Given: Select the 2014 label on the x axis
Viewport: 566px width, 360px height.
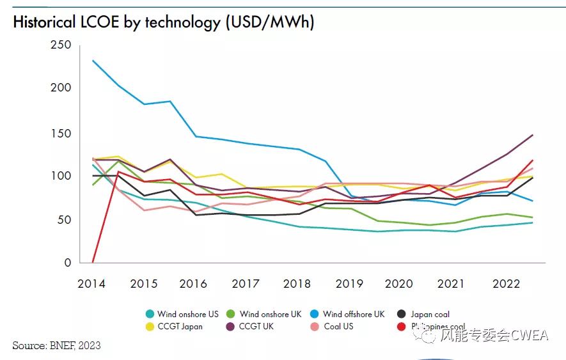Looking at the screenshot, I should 92,283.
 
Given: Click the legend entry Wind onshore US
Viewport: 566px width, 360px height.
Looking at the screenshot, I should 187,314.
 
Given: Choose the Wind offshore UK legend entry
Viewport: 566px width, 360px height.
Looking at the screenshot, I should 354,314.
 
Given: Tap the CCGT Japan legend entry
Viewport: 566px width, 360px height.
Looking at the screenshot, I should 180,326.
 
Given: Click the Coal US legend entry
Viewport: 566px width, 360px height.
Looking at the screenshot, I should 338,326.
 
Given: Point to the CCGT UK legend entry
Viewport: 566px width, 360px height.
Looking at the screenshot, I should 256,326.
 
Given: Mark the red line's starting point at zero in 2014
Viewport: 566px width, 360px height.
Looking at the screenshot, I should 93,262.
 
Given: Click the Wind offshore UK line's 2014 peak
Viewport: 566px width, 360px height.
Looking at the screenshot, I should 93,61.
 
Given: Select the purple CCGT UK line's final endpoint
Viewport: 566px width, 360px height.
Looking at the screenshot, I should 533,135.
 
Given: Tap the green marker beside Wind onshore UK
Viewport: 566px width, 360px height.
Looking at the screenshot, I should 233,314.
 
